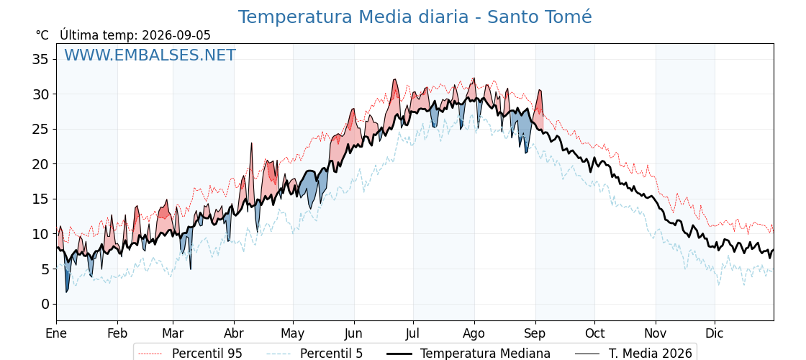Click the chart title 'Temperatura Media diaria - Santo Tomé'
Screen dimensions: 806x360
click(x=415, y=17)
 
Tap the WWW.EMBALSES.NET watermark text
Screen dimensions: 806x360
click(x=150, y=55)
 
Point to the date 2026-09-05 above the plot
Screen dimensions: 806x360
click(x=176, y=35)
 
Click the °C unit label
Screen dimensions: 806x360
click(x=42, y=35)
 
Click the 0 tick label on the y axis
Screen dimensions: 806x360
click(x=46, y=304)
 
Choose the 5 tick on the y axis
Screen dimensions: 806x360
click(x=46, y=269)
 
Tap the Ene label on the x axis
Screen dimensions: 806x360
click(x=56, y=333)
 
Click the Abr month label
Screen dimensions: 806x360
click(x=234, y=333)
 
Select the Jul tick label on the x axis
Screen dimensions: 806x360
click(x=413, y=333)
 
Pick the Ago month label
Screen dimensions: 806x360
click(x=474, y=333)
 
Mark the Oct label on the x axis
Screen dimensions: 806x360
click(x=594, y=333)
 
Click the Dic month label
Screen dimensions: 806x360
click(x=715, y=333)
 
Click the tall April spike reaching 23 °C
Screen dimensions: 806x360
click(x=252, y=143)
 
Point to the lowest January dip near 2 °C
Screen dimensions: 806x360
click(x=67, y=292)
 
